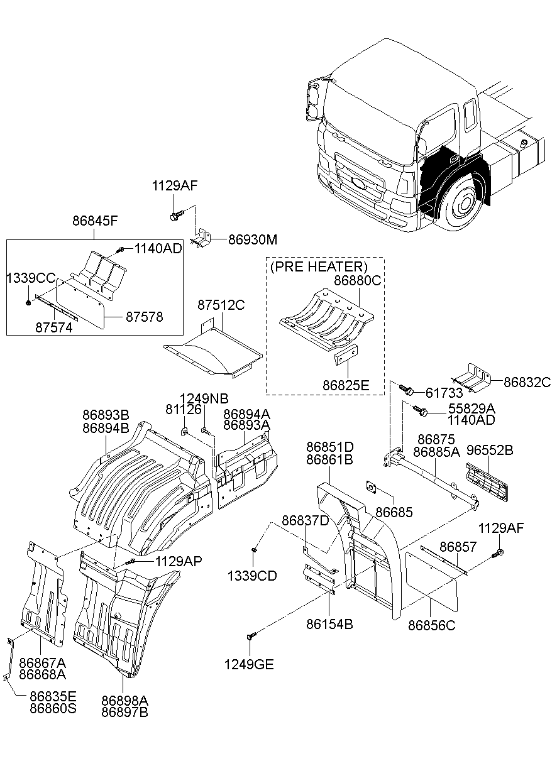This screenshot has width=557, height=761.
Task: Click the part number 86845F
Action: coord(94,221)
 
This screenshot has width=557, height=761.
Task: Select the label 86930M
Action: coord(251,239)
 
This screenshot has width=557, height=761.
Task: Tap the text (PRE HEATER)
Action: coord(318,266)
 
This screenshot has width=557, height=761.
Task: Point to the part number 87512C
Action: coord(221,305)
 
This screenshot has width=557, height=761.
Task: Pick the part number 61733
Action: coord(444,393)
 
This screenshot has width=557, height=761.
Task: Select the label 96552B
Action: coord(489,450)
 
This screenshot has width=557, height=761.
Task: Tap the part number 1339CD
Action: coord(252,576)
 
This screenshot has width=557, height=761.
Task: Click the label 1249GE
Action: coord(250,664)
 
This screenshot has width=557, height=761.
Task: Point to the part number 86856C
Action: coord(431,625)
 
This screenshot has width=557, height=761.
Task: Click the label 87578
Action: coord(144,317)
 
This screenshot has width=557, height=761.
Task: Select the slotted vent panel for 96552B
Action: coord(489,481)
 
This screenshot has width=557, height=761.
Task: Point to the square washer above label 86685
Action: coord(372,487)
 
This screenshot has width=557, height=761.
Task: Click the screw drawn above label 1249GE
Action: coord(253,637)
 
